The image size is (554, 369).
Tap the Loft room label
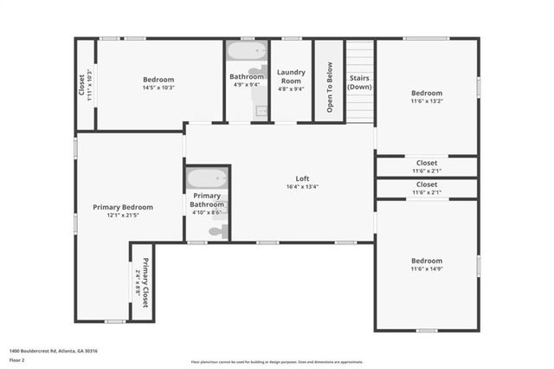[x=303, y=177]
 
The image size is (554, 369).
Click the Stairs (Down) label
[x=360, y=82]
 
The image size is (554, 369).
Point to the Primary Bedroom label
[x=123, y=207]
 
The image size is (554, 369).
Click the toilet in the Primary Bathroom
[x=220, y=231]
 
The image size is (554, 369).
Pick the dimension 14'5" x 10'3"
[x=158, y=87]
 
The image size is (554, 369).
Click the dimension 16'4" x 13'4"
[x=303, y=186]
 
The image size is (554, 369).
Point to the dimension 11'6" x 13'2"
[x=426, y=101]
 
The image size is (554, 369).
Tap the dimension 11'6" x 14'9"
[x=426, y=269]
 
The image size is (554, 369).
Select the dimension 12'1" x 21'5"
[x=123, y=216]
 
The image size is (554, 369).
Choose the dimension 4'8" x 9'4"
[x=291, y=88]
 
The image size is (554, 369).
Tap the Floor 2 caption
[x=16, y=359]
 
